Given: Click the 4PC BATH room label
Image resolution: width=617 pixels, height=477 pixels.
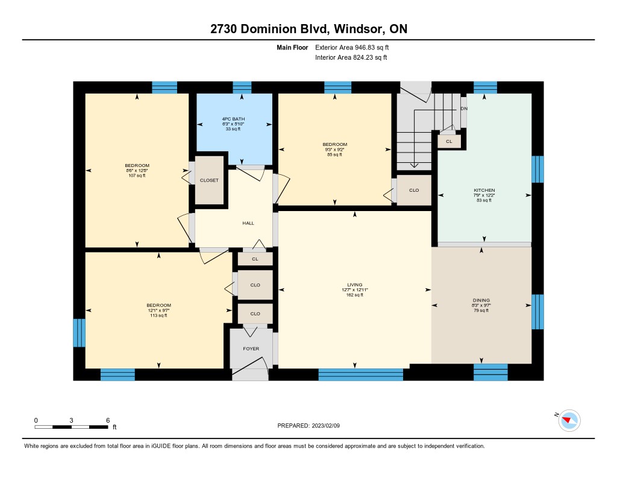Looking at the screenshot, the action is click(x=233, y=119).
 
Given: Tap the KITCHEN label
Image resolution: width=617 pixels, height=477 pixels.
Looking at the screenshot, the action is click(x=484, y=190).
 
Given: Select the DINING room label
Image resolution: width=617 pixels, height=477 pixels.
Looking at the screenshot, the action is click(x=481, y=300).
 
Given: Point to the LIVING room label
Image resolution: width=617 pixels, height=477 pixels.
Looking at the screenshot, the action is click(x=354, y=285).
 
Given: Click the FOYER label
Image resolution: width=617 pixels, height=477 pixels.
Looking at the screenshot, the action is click(x=251, y=349).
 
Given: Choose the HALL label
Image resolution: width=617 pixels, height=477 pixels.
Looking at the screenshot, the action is click(x=248, y=223).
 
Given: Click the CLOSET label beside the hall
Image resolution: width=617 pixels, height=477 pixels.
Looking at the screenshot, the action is click(x=209, y=180).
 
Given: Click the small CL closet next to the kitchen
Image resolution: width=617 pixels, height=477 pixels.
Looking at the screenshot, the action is click(x=449, y=141).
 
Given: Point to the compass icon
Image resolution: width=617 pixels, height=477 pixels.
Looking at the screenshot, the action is click(x=569, y=421).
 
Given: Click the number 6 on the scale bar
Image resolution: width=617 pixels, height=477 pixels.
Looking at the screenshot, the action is click(x=108, y=420).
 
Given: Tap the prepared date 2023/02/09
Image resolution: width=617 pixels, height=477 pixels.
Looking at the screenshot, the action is click(x=326, y=426).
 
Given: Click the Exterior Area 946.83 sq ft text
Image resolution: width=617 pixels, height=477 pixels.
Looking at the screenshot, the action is click(x=352, y=47).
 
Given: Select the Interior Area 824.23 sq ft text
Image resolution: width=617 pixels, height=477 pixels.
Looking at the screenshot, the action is click(x=351, y=57).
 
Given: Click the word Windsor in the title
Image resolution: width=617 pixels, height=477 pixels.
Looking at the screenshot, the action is click(x=358, y=29).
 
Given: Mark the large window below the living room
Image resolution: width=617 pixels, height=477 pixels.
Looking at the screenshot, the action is click(x=361, y=374).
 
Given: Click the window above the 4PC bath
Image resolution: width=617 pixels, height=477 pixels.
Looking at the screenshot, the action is click(x=242, y=87).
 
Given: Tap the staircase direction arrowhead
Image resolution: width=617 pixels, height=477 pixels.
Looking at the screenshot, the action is click(x=414, y=165).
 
